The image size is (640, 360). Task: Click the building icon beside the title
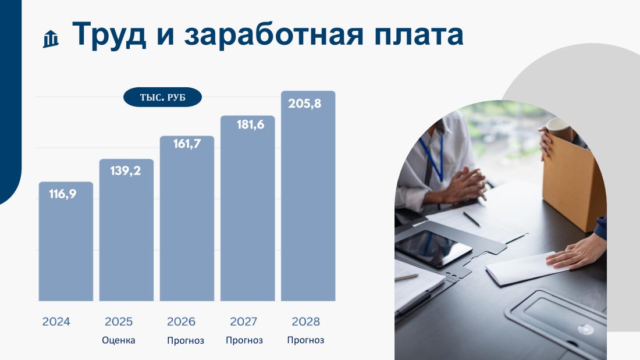click(51, 39)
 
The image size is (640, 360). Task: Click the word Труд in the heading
click(109, 34)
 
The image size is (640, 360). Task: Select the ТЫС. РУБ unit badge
click(162, 97)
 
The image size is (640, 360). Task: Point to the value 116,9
click(62, 194)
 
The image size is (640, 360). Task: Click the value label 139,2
click(125, 170)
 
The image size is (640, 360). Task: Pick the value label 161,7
click(187, 144)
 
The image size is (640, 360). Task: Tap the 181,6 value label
click(250, 124)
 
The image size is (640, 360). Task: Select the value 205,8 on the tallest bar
click(304, 104)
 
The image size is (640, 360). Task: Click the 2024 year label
click(56, 322)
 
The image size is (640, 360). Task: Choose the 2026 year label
click(181, 322)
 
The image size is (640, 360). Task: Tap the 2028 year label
click(305, 322)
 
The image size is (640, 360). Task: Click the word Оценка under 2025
click(118, 340)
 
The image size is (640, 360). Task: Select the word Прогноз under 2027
click(244, 340)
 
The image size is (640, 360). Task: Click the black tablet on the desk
click(433, 248)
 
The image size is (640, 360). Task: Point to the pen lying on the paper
click(472, 219)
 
